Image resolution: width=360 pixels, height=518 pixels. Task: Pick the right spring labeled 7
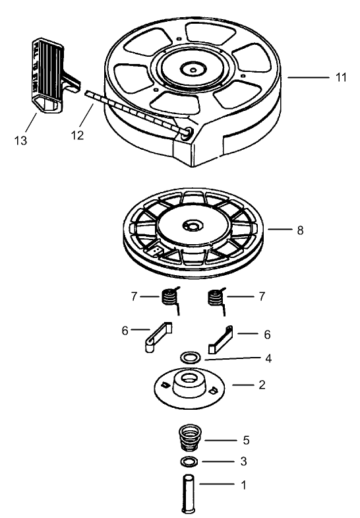coord(215,298)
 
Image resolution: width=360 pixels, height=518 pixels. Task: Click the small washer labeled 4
coord(191,358)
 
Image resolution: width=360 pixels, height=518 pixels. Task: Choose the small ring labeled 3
coord(189,461)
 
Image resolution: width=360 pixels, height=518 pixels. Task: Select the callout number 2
coord(262,384)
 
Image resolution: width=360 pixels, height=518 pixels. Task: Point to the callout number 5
coord(246,439)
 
